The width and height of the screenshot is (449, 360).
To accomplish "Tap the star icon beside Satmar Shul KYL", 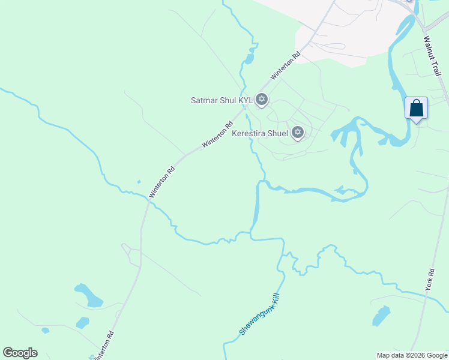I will pos(261,100).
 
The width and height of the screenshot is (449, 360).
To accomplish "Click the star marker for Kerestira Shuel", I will pos(297,133).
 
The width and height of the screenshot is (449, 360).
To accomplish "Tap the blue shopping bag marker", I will pos(416,109).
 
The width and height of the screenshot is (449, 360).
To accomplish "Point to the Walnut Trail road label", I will pos(432,55).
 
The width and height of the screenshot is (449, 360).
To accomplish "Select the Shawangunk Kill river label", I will pos(260,314).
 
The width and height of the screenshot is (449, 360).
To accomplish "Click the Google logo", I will pos(20,353).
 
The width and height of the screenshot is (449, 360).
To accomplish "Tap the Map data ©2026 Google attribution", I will pos(411,355).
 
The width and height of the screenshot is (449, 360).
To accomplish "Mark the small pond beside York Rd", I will pos(381,315).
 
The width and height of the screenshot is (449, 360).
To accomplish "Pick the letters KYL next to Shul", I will pos(246,100).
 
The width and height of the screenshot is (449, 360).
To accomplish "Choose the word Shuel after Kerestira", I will pos(277,133).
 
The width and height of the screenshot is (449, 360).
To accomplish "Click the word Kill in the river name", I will pos(276,298).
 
